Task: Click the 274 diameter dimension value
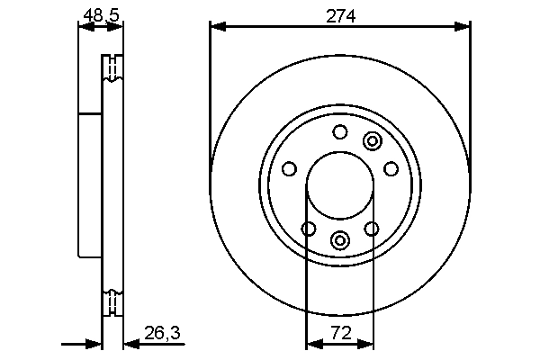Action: pyautogui.click(x=339, y=16)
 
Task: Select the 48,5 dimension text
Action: pyautogui.click(x=100, y=14)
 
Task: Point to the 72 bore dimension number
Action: pyautogui.click(x=339, y=334)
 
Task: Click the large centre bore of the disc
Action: pyautogui.click(x=339, y=186)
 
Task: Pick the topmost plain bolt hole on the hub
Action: pyautogui.click(x=339, y=133)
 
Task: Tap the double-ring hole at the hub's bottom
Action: pyautogui.click(x=339, y=239)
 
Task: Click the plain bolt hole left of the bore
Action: pyautogui.click(x=289, y=168)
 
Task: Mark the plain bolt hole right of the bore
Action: pyautogui.click(x=391, y=168)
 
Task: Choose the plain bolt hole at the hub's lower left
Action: pyautogui.click(x=308, y=229)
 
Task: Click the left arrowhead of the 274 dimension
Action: pyautogui.click(x=216, y=27)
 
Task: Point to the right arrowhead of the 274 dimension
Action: pyautogui.click(x=463, y=27)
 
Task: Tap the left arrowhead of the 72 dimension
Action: pyautogui.click(x=312, y=343)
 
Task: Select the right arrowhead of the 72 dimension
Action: pyautogui.click(x=366, y=343)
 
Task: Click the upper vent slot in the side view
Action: pyautogui.click(x=112, y=69)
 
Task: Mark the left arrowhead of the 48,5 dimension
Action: pyautogui.click(x=85, y=27)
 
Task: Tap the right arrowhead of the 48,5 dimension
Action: pyautogui.click(x=117, y=27)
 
